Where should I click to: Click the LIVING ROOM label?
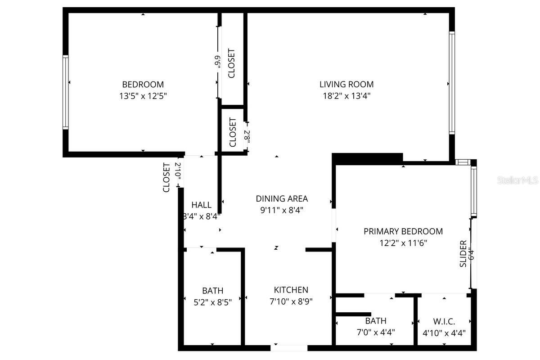tap(346, 84)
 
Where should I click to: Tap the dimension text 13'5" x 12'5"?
tap(143, 96)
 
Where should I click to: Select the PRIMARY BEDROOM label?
tap(403, 231)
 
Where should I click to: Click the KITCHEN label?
tap(291, 290)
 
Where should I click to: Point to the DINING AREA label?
tap(282, 198)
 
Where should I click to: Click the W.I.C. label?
tap(444, 321)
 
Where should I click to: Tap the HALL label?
tap(201, 205)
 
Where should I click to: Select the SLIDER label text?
tap(463, 254)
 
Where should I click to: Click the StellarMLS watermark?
tap(517, 180)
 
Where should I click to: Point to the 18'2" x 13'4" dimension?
tap(346, 96)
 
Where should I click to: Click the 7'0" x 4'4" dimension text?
tap(375, 333)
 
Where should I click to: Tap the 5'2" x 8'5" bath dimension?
tap(212, 302)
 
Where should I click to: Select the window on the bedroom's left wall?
tap(66, 92)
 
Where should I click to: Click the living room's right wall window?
tap(452, 83)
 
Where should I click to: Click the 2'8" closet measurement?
tap(247, 136)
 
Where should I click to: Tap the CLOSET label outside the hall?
tap(166, 177)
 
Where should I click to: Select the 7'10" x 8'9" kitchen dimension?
tap(291, 301)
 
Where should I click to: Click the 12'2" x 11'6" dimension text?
tap(403, 243)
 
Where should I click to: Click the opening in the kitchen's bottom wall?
tap(289, 347)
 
